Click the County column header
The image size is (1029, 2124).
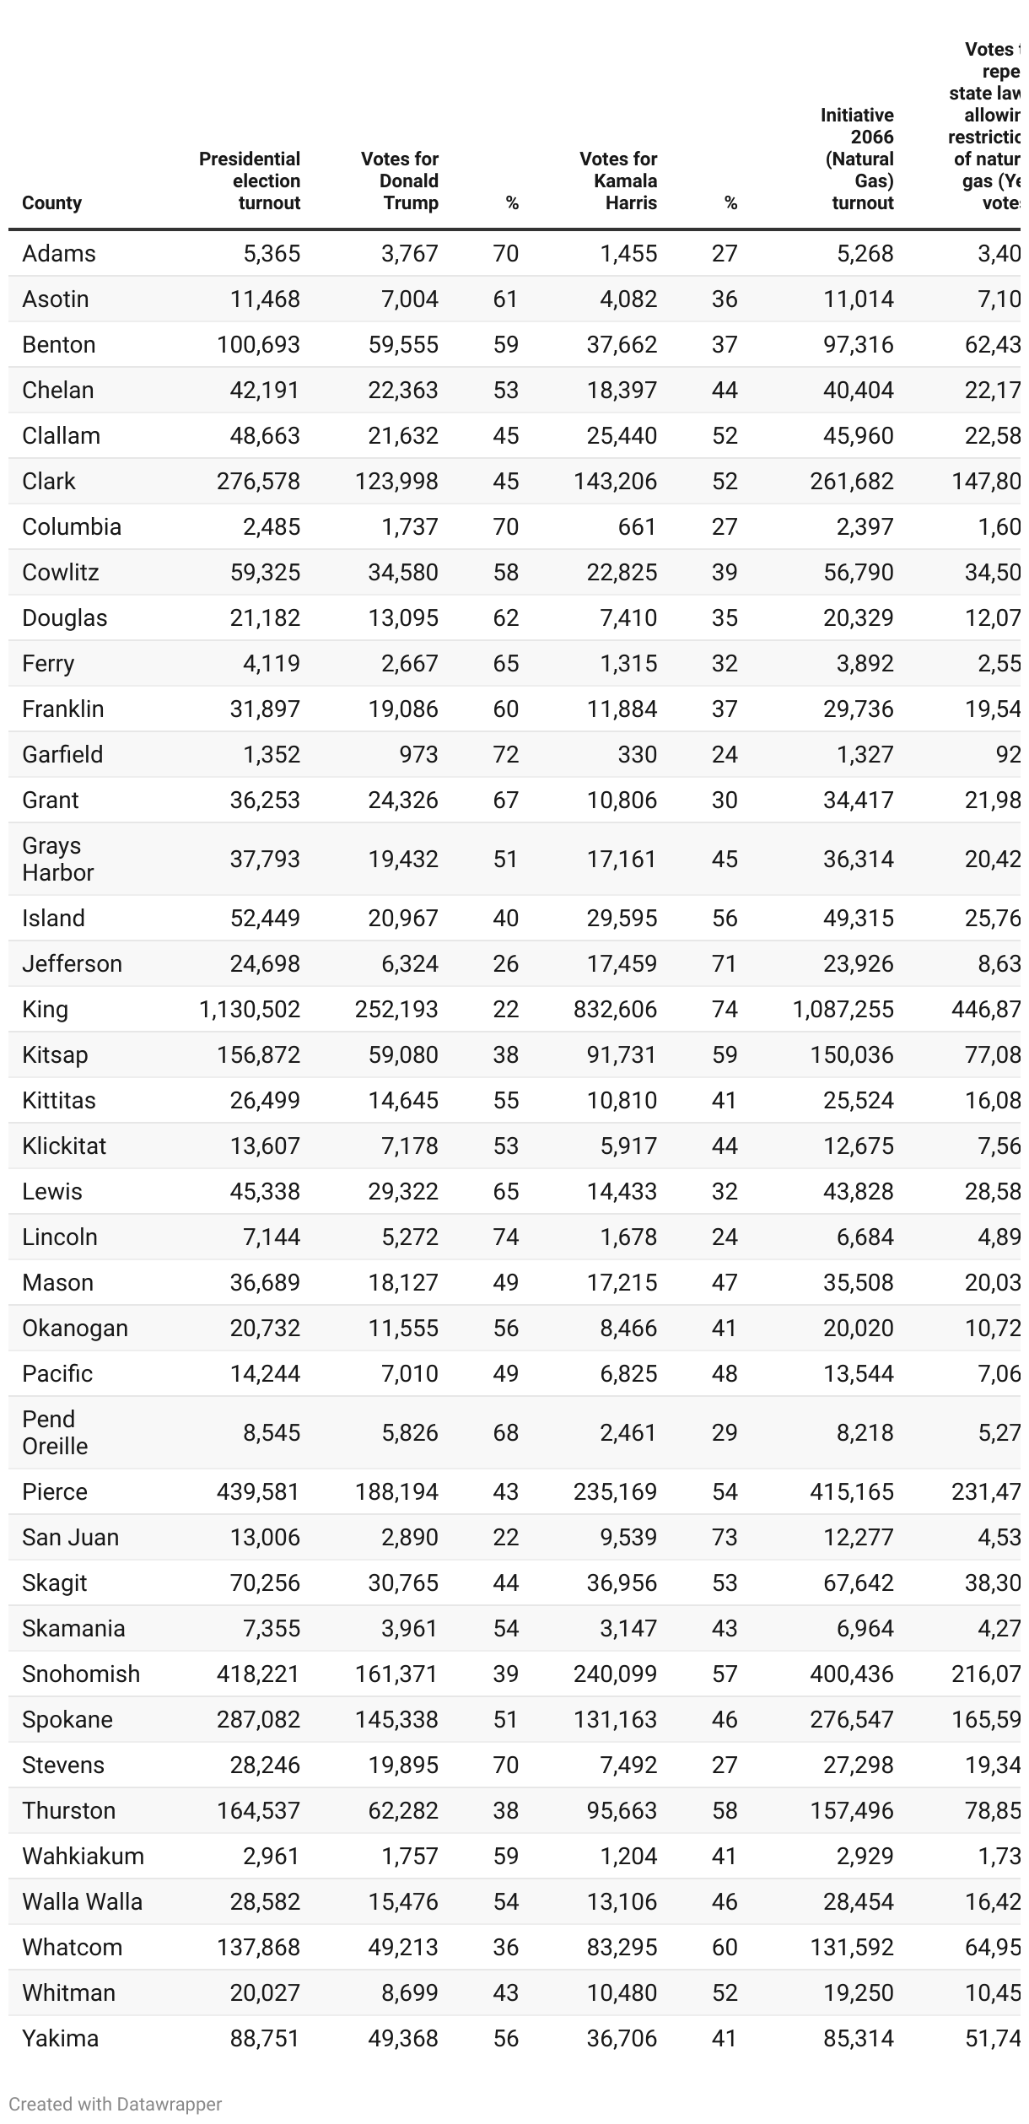click(x=51, y=202)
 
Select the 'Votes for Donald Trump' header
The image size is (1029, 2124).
click(x=400, y=181)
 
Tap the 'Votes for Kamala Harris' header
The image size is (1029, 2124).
click(x=618, y=181)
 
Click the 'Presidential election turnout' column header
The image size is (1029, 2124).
click(x=250, y=181)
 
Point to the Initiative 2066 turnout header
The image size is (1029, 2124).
click(x=857, y=159)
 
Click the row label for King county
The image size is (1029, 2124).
click(x=45, y=1009)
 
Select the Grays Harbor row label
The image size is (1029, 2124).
click(x=57, y=859)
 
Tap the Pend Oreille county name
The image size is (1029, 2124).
click(x=55, y=1432)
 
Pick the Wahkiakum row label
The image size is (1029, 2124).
click(x=83, y=1856)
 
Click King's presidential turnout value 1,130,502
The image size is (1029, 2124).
click(x=250, y=1009)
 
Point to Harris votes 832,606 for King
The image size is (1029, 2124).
click(x=615, y=1009)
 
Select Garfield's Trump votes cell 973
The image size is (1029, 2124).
click(x=419, y=754)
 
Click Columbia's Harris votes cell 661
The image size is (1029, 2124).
click(x=637, y=526)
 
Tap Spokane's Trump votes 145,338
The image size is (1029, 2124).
click(x=396, y=1719)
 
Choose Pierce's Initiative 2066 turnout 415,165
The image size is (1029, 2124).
click(x=852, y=1491)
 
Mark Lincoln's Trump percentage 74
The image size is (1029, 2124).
click(x=506, y=1237)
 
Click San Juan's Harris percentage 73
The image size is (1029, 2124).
click(x=725, y=1537)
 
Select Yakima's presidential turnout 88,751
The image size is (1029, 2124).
click(x=265, y=2038)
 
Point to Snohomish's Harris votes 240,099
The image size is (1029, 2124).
click(x=615, y=1674)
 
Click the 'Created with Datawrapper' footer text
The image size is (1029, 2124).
click(x=116, y=2104)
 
